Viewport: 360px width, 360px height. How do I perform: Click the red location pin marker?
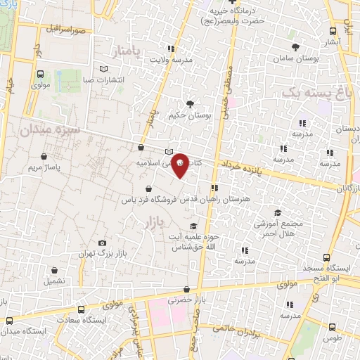180,165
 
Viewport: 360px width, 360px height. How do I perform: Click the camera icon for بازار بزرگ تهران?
103,243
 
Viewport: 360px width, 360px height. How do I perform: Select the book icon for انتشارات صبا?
105,69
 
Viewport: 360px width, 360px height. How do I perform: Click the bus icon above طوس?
333,326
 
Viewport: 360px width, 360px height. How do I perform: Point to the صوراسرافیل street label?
67,30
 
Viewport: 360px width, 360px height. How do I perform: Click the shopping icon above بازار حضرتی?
186,289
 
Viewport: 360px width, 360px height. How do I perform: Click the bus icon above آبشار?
333,32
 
